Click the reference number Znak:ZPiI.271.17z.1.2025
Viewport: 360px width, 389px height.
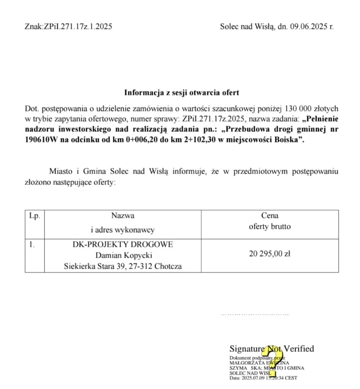68,26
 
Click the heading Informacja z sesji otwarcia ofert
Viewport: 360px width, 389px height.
181,93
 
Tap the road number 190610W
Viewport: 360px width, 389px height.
44,140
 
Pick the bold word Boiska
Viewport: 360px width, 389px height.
287,140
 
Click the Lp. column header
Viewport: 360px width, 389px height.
34,216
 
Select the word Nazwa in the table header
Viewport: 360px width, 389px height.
123,216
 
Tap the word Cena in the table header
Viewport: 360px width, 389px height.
270,216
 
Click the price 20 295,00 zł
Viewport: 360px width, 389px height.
270,254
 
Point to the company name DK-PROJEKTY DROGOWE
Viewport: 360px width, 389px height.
123,244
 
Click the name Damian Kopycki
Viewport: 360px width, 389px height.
123,255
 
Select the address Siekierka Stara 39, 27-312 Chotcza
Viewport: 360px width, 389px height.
123,266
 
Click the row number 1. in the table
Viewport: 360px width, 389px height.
32,245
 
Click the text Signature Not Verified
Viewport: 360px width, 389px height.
271,349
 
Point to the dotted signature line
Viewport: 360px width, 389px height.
255,315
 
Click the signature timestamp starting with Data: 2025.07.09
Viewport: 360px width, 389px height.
263,378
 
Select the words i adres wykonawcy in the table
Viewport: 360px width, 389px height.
123,230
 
